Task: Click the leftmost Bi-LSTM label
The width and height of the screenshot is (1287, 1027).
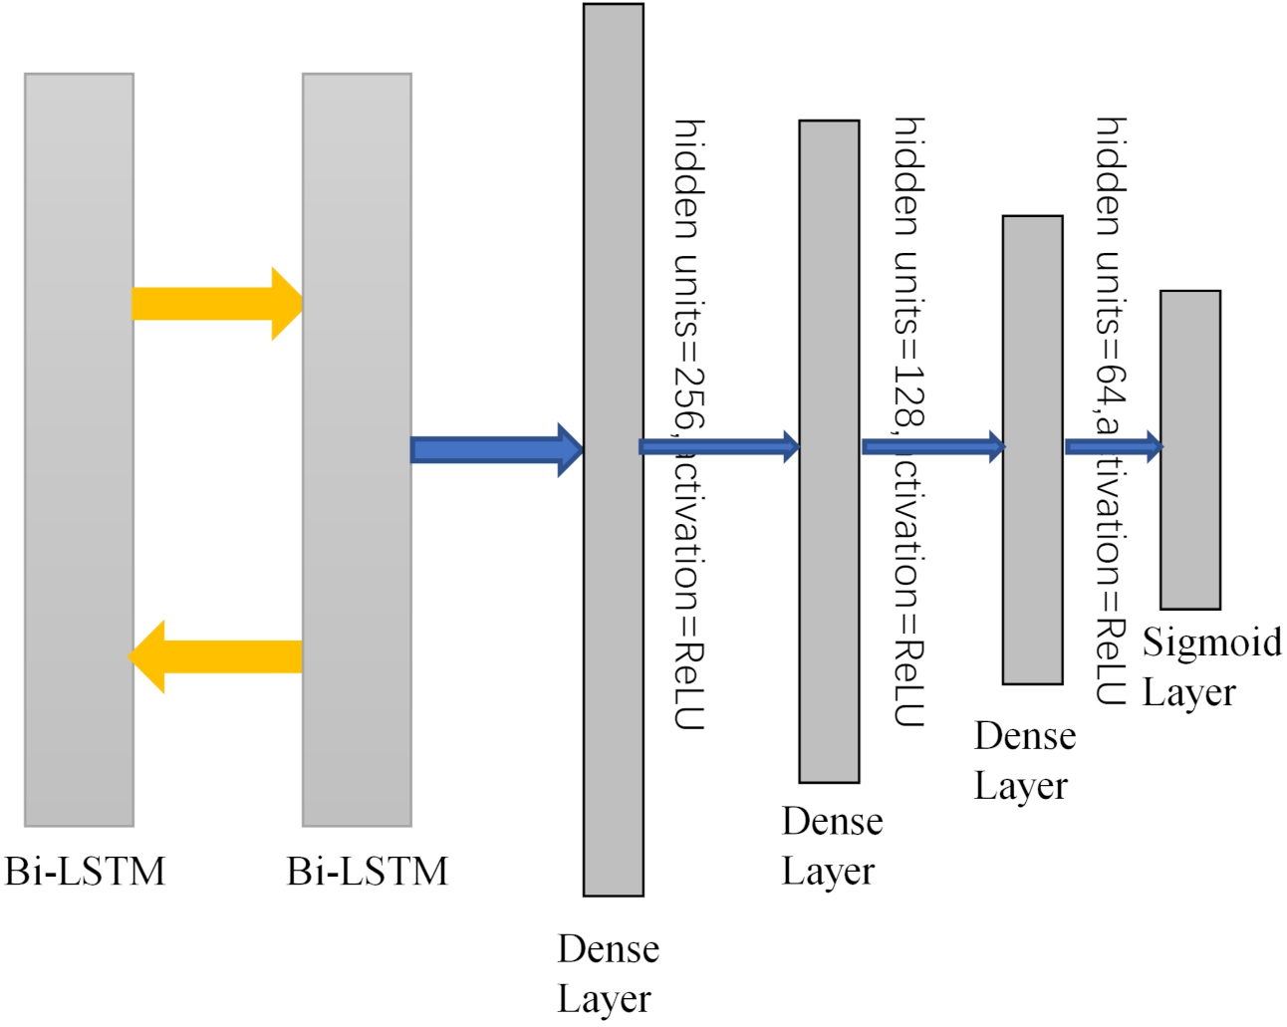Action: tap(85, 872)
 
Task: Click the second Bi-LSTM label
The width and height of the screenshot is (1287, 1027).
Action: tap(367, 872)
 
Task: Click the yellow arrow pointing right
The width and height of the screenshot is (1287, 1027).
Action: tap(214, 304)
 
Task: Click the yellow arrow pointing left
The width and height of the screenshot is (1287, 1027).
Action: tap(214, 656)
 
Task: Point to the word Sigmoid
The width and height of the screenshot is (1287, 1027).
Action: tap(1211, 642)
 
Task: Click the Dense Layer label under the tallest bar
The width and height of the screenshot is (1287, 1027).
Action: tap(607, 973)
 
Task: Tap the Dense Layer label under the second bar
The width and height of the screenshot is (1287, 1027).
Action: tap(832, 846)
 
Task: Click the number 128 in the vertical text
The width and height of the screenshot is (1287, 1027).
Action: tap(908, 394)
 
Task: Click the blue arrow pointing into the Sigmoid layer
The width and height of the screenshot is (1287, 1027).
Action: tap(1113, 445)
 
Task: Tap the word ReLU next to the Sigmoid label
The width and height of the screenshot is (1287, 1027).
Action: tap(1111, 662)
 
